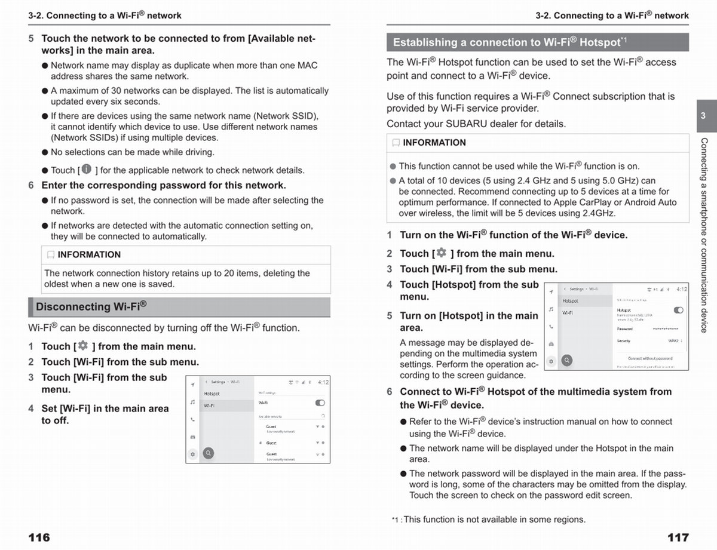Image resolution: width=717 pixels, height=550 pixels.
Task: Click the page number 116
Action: click(39, 537)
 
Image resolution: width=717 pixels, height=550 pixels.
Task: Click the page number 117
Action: click(678, 537)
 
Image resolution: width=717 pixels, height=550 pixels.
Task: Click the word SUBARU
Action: click(465, 124)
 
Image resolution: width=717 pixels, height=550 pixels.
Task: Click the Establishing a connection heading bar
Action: click(537, 42)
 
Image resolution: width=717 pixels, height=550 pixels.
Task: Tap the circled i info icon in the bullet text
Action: click(87, 170)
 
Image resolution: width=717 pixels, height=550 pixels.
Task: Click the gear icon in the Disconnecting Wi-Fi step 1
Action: click(82, 346)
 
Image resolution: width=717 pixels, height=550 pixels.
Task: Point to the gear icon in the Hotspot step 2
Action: click(442, 253)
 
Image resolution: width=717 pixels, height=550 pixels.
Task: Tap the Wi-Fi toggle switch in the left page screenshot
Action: click(320, 403)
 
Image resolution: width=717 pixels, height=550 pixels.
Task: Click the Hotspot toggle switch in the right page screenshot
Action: click(678, 311)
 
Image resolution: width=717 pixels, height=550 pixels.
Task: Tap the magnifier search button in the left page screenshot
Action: click(209, 453)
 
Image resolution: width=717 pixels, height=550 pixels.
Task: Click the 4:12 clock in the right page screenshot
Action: click(682, 289)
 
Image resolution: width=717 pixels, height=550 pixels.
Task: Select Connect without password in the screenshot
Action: click(650, 358)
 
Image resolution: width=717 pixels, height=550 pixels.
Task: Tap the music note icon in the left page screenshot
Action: click(192, 402)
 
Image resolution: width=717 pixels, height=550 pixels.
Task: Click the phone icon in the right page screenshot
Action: click(551, 327)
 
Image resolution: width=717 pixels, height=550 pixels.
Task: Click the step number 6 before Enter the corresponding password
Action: click(31, 185)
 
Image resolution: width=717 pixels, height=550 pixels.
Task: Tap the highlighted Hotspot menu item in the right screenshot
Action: click(571, 301)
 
